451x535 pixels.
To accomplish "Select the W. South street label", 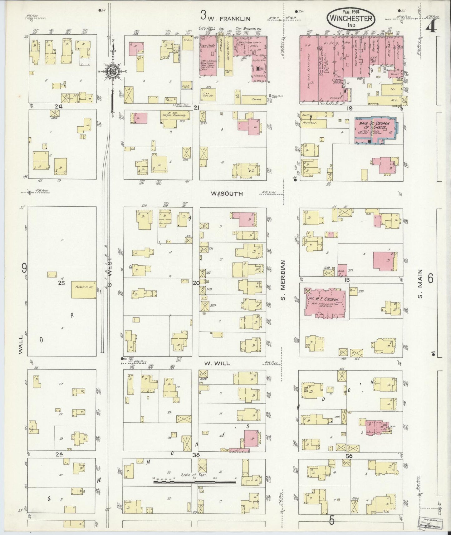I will point(227,194).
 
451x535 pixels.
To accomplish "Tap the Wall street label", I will point(21,344).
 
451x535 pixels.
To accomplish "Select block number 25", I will point(61,283).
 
